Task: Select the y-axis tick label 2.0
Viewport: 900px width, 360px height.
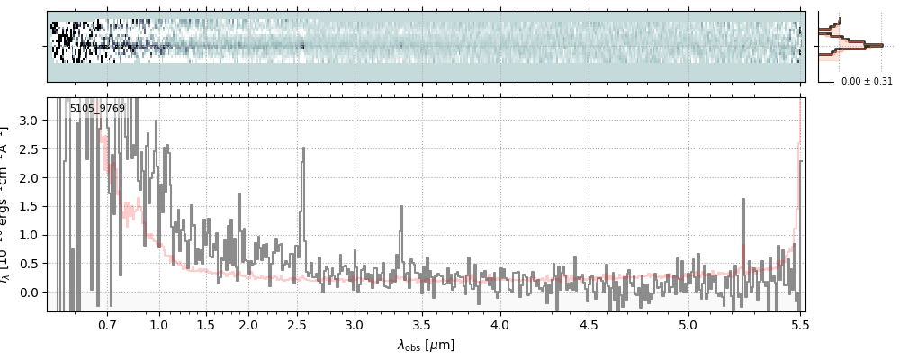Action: click(33, 177)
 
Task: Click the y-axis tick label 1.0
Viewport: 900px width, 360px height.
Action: click(33, 235)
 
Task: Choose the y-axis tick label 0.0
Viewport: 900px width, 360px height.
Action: click(33, 292)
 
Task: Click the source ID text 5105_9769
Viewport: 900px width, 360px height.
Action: click(97, 108)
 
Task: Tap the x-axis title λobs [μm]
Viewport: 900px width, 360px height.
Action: click(426, 345)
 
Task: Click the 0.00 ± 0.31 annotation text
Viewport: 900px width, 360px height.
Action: click(867, 81)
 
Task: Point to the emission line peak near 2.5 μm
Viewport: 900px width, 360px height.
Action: click(302, 149)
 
